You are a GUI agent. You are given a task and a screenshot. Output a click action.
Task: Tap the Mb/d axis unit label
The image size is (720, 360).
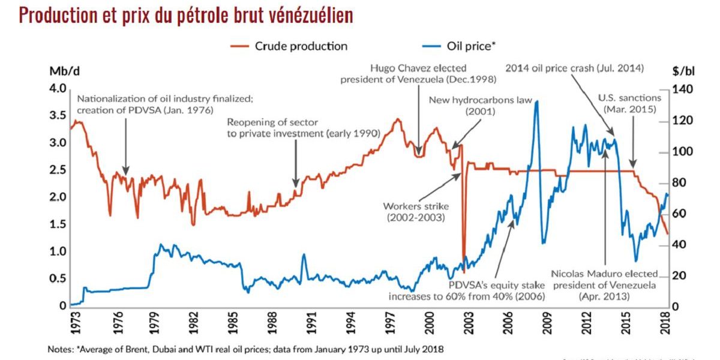64,71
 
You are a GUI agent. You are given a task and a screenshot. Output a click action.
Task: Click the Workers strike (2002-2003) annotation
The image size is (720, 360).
416,212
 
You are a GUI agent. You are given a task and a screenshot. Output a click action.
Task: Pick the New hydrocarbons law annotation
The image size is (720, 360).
480,105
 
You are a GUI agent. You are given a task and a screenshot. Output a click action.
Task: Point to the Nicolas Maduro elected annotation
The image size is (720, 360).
604,285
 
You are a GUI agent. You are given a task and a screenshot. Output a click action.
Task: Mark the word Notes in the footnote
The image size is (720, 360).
63,349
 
